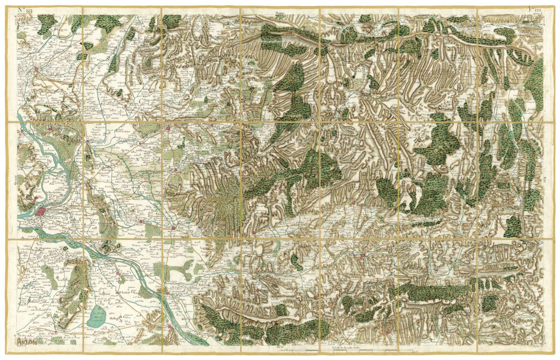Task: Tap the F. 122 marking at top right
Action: click(x=534, y=9)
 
